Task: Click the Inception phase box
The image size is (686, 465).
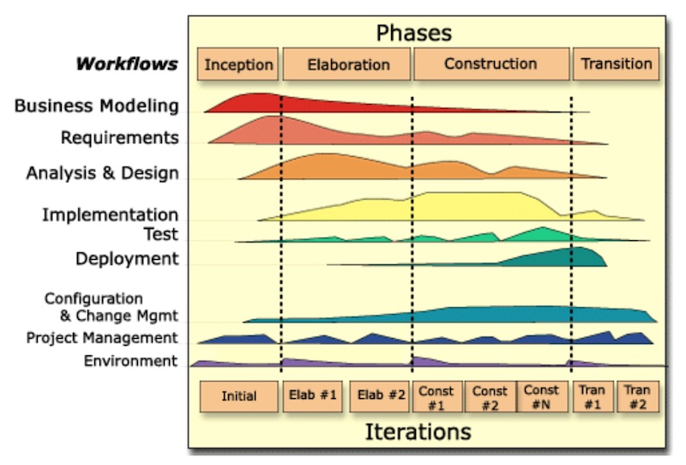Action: point(238,64)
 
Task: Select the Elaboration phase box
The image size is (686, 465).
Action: point(347,64)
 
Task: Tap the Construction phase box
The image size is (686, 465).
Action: point(490,64)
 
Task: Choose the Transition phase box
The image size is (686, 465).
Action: point(616,64)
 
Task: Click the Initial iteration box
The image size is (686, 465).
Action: point(238,396)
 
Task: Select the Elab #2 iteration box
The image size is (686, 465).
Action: point(380,396)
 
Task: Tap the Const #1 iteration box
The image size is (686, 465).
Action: point(436,397)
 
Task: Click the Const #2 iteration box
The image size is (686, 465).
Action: point(490,397)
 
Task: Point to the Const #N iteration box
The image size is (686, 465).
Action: point(541,397)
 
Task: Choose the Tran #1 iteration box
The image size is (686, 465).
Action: point(592,397)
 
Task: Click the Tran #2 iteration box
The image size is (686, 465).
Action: point(636,397)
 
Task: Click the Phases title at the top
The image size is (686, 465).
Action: point(413,33)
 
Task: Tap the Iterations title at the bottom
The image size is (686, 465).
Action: point(418,431)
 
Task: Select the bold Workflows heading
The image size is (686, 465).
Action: point(127,63)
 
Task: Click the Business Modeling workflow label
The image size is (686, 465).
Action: point(97,106)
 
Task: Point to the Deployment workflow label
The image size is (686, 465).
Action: point(127,258)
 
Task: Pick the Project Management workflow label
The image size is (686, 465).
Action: point(102,338)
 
